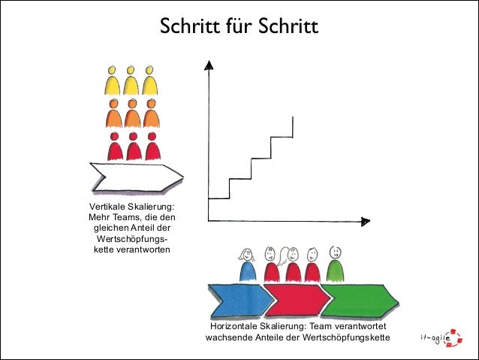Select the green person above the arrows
tap(336, 264)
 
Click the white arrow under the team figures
tap(136, 177)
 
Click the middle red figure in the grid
tap(134, 146)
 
